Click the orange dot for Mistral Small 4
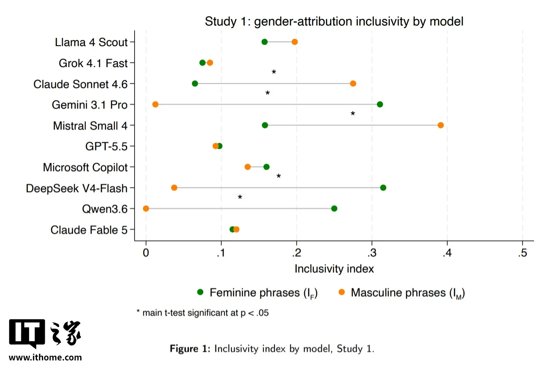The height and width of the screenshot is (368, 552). [x=441, y=125]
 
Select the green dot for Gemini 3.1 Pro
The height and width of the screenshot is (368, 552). [x=380, y=104]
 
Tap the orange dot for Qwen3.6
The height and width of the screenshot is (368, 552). [x=146, y=208]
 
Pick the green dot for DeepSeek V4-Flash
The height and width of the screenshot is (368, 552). [x=383, y=188]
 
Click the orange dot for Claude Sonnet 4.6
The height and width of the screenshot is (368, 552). [x=353, y=83]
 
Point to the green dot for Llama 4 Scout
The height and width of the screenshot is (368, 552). [x=264, y=42]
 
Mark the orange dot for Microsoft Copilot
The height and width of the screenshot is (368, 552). [x=247, y=167]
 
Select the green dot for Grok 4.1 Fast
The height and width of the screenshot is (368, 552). [x=202, y=62]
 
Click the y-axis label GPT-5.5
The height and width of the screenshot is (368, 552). [x=106, y=146]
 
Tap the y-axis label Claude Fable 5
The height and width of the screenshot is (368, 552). [x=89, y=230]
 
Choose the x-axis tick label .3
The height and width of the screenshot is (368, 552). [x=372, y=253]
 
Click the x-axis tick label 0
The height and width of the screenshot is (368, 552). [x=146, y=253]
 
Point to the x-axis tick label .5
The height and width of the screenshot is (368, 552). [x=522, y=253]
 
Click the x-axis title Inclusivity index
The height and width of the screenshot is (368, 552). [x=334, y=268]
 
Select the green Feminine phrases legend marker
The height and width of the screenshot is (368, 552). [x=200, y=292]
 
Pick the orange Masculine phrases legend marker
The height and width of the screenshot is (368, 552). [x=341, y=292]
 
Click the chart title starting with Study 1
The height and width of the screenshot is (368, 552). [x=334, y=21]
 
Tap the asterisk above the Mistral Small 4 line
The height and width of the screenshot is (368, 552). [x=353, y=114]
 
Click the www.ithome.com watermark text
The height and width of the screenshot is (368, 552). [x=45, y=357]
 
